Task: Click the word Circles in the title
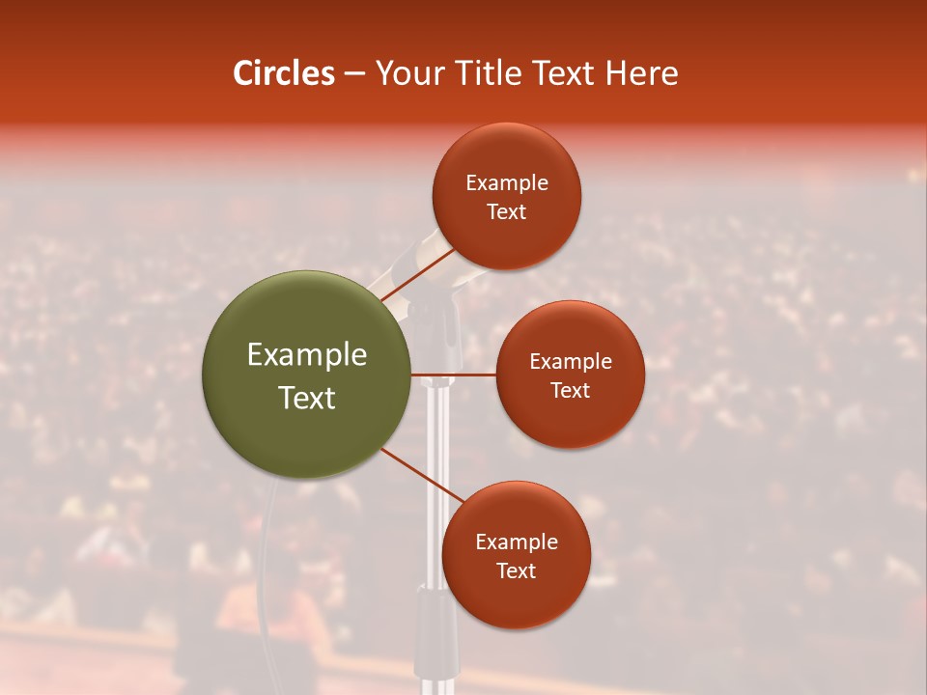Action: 283,73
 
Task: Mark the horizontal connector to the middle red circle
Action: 453,374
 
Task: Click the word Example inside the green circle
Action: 307,355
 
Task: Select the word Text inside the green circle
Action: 307,398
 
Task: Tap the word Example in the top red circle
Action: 507,183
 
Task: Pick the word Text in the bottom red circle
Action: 516,571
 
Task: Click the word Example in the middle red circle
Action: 571,362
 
